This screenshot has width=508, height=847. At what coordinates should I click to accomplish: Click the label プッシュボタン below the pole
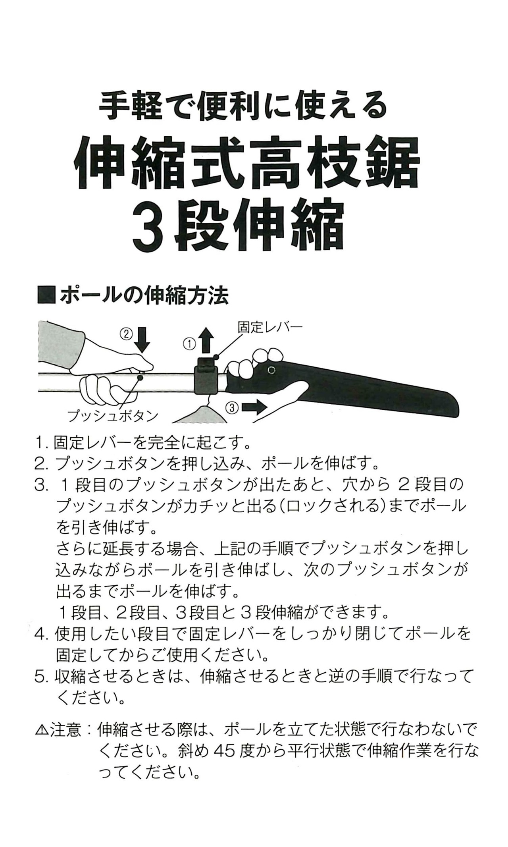[x=112, y=416]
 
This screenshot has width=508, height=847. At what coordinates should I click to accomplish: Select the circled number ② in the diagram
[x=126, y=334]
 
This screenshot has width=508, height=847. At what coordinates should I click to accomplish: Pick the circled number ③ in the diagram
[x=233, y=407]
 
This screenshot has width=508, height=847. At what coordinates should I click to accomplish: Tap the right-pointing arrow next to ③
[x=254, y=407]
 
